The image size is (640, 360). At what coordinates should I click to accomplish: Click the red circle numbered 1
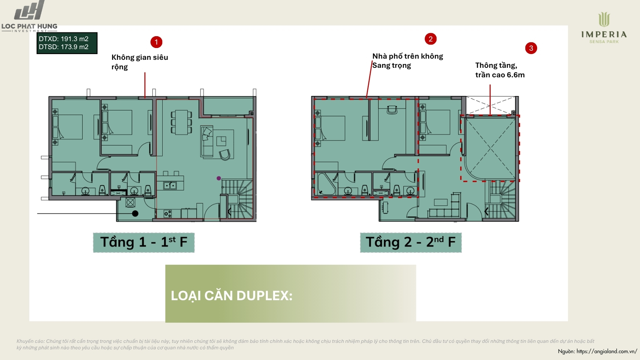tap(156, 42)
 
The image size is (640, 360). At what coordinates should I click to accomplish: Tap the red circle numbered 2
tap(430, 39)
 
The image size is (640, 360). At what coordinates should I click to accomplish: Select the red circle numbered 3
tap(531, 48)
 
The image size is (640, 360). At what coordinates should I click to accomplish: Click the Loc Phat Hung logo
tap(29, 16)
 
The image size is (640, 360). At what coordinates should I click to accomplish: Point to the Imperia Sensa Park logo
tap(604, 28)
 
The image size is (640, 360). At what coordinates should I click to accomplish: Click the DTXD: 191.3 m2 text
tap(63, 39)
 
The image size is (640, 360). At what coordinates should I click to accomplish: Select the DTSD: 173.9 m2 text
tap(63, 47)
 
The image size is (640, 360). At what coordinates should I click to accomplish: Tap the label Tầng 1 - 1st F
tap(144, 243)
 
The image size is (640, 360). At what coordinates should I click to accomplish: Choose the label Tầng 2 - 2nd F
tap(411, 243)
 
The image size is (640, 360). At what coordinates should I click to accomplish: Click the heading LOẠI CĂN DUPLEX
tap(232, 296)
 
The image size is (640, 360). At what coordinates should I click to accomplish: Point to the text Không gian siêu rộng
tap(140, 62)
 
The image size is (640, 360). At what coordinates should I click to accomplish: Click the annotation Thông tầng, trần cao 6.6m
tap(500, 70)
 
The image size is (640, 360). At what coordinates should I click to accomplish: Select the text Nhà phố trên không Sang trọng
tap(408, 61)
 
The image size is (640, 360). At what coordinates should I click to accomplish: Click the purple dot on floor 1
tap(219, 178)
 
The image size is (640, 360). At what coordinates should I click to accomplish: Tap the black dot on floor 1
tap(135, 213)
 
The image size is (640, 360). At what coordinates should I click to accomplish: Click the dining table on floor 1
tap(181, 122)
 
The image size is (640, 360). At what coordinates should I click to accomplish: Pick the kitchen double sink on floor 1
tap(170, 186)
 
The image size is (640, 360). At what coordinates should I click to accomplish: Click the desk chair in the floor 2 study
tap(392, 110)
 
